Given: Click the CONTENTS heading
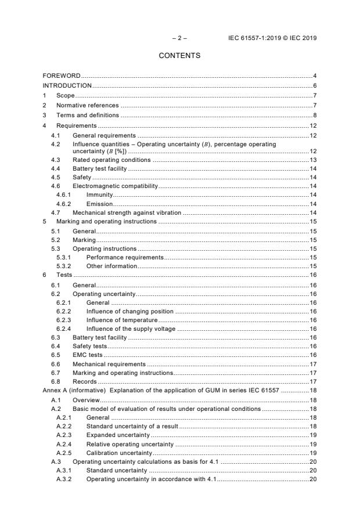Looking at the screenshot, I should click(179, 56).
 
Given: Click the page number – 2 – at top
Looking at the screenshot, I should click(179, 38).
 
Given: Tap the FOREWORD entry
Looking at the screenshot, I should click(62, 76).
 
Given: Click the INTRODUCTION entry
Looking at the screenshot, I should click(67, 85).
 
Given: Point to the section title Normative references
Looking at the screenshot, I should click(87, 105).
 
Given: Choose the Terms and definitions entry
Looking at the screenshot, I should click(87, 115).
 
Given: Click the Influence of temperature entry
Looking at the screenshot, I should click(122, 319).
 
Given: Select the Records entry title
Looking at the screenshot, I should click(84, 381).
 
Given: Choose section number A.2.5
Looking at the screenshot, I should click(63, 452).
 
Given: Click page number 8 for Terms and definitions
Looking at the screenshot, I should click(314, 115).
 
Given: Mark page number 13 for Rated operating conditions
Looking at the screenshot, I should click(312, 160).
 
